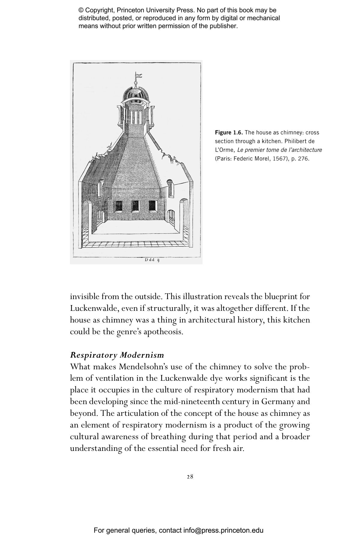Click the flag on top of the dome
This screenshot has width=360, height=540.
click(139, 75)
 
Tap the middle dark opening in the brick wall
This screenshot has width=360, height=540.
click(136, 206)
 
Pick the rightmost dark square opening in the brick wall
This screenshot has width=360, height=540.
click(153, 206)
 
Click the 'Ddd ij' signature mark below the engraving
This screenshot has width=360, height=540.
click(152, 260)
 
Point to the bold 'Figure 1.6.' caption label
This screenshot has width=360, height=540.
click(229, 133)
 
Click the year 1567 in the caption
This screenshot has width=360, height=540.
click(280, 158)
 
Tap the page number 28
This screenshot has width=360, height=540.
click(190, 476)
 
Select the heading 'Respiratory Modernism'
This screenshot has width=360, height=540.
click(117, 355)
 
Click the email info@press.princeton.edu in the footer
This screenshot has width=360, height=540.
click(223, 530)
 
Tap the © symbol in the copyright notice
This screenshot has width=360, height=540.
click(81, 10)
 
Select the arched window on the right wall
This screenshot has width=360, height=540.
click(170, 187)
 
